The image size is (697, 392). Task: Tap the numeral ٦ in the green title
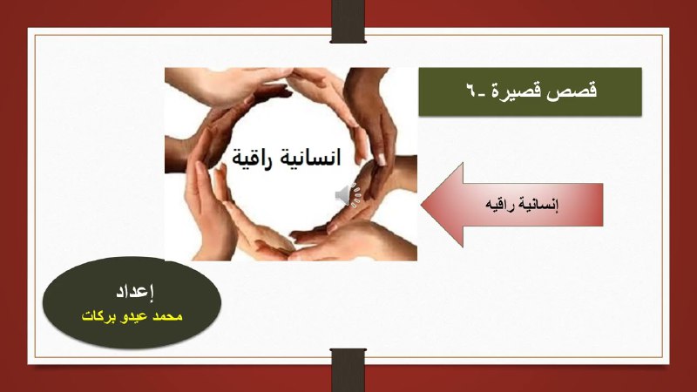pyautogui.click(x=470, y=90)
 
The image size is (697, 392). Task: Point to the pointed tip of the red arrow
pyautogui.click(x=422, y=205)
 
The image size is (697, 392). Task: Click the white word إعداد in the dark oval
pyautogui.click(x=135, y=292)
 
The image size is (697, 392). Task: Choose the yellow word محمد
pyautogui.click(x=167, y=316)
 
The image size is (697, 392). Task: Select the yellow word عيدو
pyautogui.click(x=134, y=316)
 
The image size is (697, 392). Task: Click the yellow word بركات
pyautogui.click(x=98, y=316)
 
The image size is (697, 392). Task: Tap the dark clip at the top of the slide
pyautogui.click(x=348, y=21)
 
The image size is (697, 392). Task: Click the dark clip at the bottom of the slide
pyautogui.click(x=348, y=369)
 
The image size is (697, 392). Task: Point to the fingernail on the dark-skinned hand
pyautogui.click(x=382, y=159)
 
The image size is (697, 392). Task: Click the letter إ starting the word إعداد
pyautogui.click(x=151, y=291)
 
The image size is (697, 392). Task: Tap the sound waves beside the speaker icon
pyautogui.click(x=356, y=195)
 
